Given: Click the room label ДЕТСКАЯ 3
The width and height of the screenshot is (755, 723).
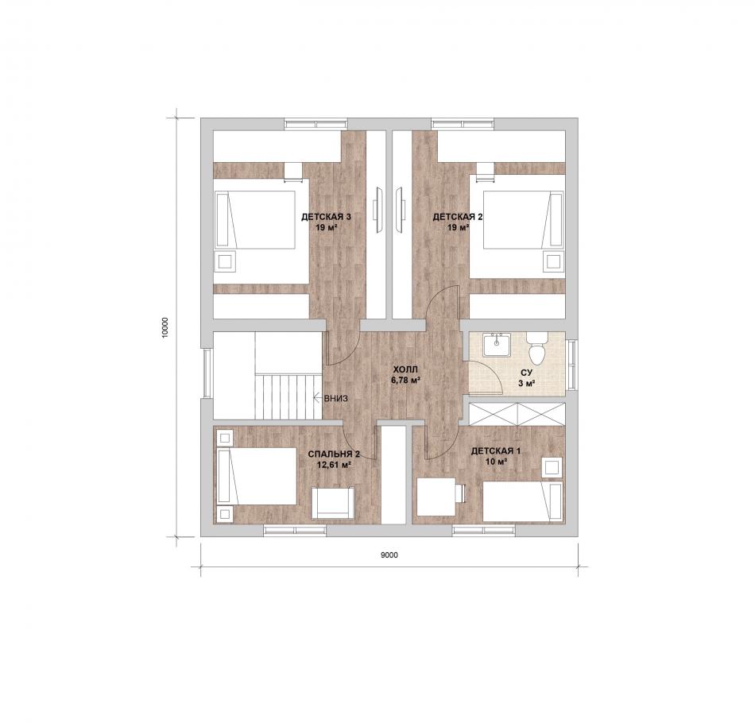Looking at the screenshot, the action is point(327,217).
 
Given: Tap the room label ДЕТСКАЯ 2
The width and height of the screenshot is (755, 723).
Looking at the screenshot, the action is point(458,217).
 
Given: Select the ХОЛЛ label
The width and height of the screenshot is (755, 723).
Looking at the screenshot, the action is point(405,369).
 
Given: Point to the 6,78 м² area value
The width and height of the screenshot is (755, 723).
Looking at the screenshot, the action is point(405,380).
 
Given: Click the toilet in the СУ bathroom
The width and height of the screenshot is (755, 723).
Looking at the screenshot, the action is point(536,347).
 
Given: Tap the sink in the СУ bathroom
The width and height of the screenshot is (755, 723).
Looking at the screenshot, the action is point(497,344).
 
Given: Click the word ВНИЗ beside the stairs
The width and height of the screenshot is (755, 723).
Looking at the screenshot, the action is point(336,399).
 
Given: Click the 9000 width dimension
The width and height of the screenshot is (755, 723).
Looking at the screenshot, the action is point(389,555).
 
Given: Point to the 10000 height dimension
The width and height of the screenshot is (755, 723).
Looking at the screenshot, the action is point(165,328).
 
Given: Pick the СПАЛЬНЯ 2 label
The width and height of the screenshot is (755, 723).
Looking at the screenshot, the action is point(334,454).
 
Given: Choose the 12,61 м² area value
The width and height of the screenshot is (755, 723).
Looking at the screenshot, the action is point(334,465).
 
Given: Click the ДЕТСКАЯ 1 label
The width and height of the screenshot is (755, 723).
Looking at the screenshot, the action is point(496,451).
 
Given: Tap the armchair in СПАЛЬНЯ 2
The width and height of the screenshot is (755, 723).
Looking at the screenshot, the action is point(333,503).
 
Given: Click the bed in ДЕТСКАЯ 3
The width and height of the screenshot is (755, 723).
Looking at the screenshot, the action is point(255,220).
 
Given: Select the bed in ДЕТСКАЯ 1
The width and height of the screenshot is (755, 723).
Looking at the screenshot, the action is point(522,501).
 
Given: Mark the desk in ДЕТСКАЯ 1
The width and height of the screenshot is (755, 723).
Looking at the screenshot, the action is point(436,497).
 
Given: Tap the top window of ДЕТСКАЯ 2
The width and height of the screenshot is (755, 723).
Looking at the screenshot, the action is point(463,124).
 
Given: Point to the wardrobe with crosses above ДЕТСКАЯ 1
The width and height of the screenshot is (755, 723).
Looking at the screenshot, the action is point(517,414).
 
